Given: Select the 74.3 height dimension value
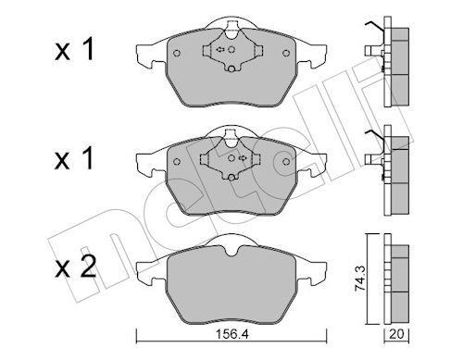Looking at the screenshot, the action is [360, 279].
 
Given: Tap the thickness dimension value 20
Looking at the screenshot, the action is [396, 334].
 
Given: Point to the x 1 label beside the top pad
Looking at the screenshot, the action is [74, 50].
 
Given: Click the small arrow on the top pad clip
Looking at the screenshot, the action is [220, 49].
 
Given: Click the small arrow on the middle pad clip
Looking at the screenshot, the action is [243, 158].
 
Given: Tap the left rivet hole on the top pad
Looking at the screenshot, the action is [177, 53].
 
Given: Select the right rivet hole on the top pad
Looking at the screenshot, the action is [286, 53].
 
